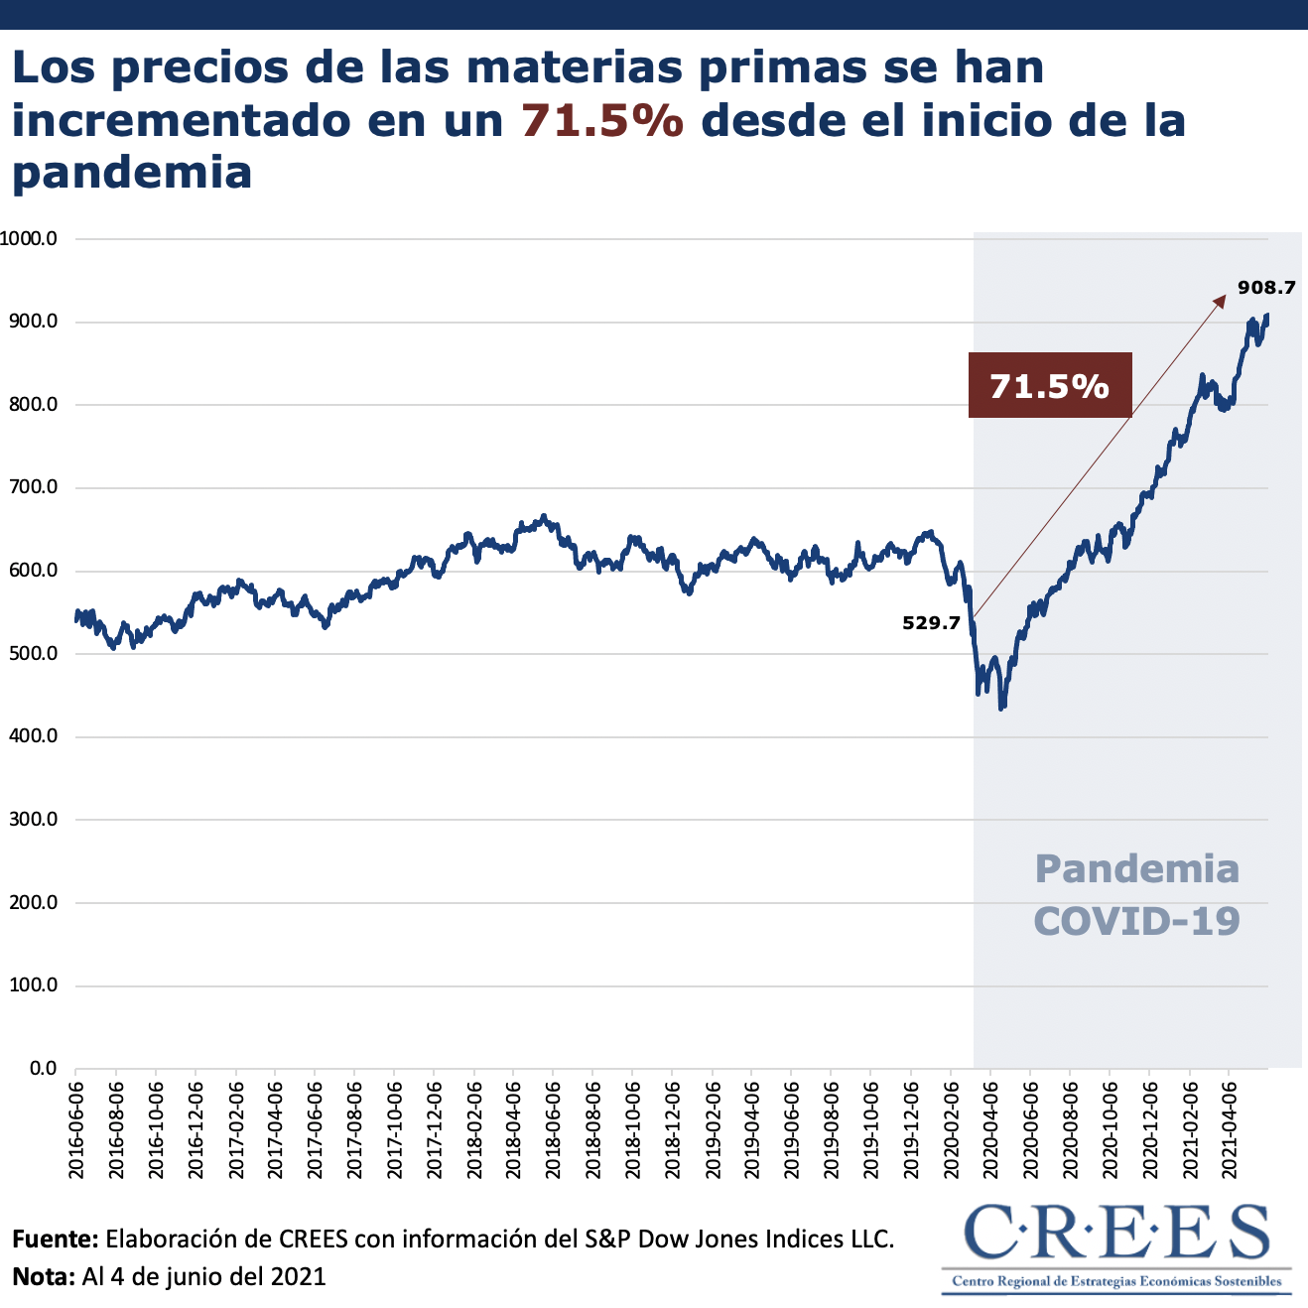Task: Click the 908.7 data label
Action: [1266, 288]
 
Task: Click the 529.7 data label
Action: [931, 623]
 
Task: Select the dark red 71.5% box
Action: [1050, 385]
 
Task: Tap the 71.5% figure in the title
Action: [602, 121]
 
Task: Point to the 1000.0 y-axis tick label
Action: [29, 239]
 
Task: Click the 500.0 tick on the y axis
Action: [34, 654]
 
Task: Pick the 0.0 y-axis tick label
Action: [43, 1069]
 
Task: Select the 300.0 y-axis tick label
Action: [34, 820]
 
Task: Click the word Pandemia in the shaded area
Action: [1137, 869]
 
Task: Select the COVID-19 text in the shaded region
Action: [1137, 921]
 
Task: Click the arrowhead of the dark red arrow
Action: [1221, 300]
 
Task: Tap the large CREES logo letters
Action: [1116, 1233]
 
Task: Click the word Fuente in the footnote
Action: [54, 1240]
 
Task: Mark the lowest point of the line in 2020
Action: [1001, 708]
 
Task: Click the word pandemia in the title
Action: [132, 173]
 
